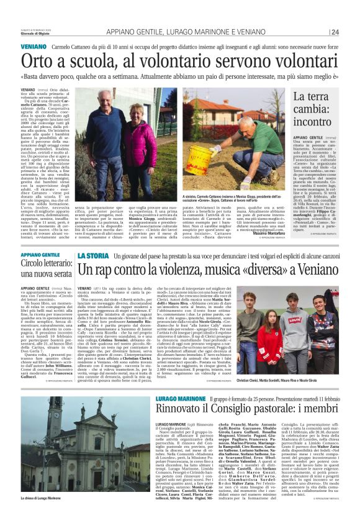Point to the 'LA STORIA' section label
click(x=92, y=255)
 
